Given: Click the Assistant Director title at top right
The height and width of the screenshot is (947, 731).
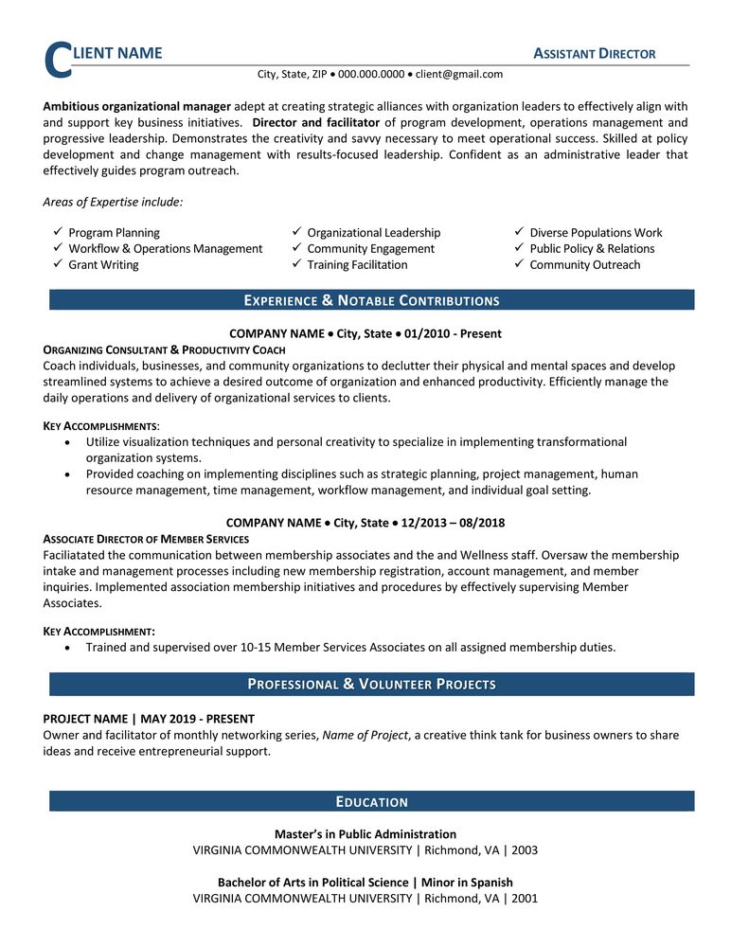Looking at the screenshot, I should [x=595, y=54].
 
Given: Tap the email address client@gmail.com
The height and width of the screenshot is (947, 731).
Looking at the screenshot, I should [x=459, y=74].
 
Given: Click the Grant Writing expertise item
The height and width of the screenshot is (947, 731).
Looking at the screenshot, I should [x=103, y=265].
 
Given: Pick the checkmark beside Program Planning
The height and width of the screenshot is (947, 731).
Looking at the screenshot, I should [x=57, y=232].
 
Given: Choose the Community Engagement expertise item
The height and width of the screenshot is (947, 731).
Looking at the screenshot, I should [x=370, y=249].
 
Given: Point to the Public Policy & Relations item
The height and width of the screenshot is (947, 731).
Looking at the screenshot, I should [x=592, y=249].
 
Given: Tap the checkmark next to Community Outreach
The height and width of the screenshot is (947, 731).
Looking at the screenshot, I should [x=519, y=265].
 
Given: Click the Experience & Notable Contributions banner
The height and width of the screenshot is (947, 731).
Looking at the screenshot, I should [x=371, y=301].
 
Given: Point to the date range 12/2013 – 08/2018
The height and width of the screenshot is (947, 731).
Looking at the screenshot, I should [x=453, y=522].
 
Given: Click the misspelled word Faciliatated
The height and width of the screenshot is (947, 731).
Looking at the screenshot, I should [x=75, y=555].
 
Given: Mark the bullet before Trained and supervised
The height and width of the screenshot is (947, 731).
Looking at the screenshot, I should [x=65, y=648].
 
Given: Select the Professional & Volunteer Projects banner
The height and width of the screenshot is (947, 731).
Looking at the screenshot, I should [x=371, y=684].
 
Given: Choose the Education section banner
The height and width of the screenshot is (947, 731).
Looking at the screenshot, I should [x=371, y=802].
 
